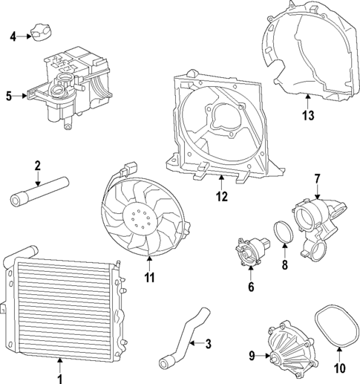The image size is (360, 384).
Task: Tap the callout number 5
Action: pos(10,95)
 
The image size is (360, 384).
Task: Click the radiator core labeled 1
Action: pos(62,306)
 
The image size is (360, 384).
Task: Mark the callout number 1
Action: pos(60,365)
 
